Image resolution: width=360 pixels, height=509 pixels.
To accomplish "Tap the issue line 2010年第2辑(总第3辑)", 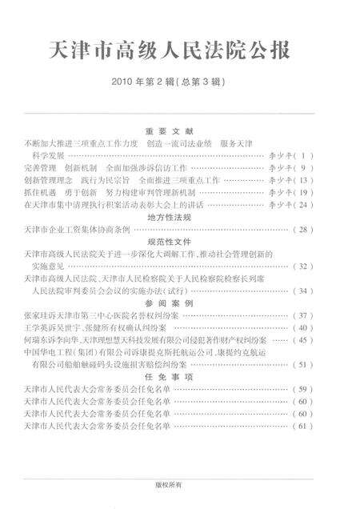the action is coord(180,82).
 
